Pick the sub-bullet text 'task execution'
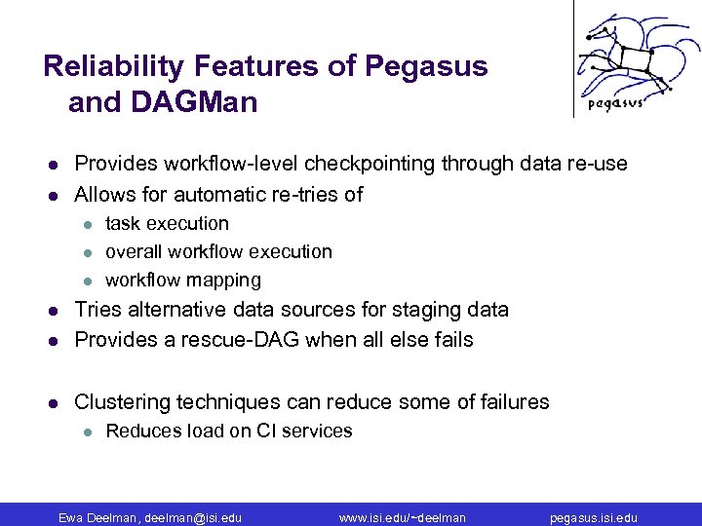point(167,223)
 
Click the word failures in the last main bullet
point(512,402)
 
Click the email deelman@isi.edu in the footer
point(192,517)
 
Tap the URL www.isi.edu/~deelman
point(402,517)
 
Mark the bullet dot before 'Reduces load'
point(86,432)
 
